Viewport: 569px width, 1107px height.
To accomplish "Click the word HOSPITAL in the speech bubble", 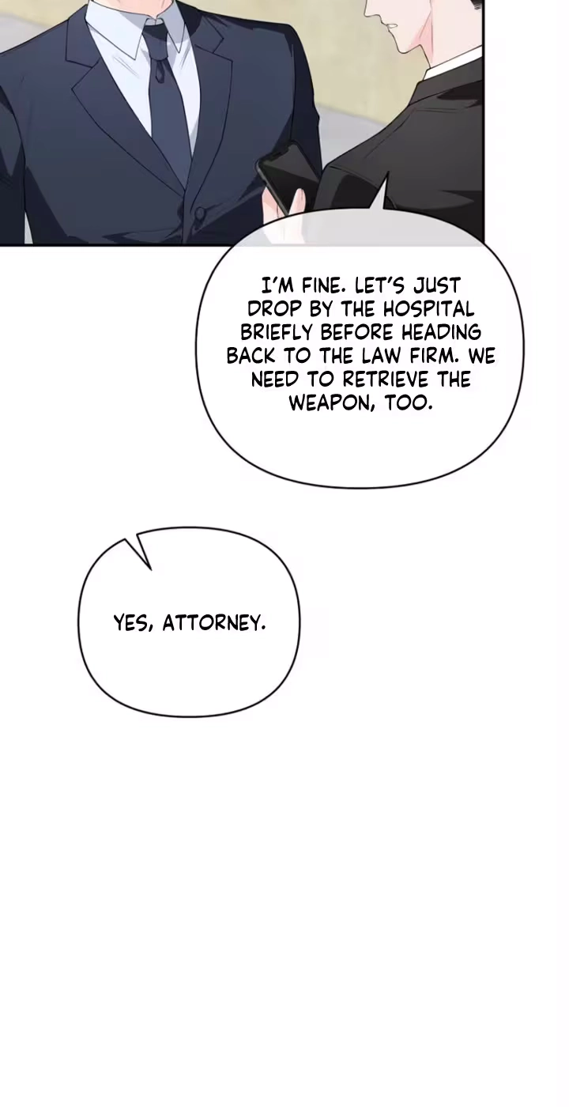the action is click(x=428, y=309).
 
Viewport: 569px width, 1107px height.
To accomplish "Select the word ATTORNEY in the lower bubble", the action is click(x=213, y=623).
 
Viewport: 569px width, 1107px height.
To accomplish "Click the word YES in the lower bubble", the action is click(x=133, y=623).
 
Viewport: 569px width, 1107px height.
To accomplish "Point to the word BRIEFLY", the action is click(x=277, y=332).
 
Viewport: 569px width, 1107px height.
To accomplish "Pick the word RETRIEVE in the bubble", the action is click(x=386, y=379).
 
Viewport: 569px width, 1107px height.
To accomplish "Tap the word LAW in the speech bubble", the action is click(x=390, y=356).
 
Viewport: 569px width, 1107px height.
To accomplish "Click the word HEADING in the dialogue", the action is click(x=441, y=332).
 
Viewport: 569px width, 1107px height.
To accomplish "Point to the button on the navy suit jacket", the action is click(x=199, y=213).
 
